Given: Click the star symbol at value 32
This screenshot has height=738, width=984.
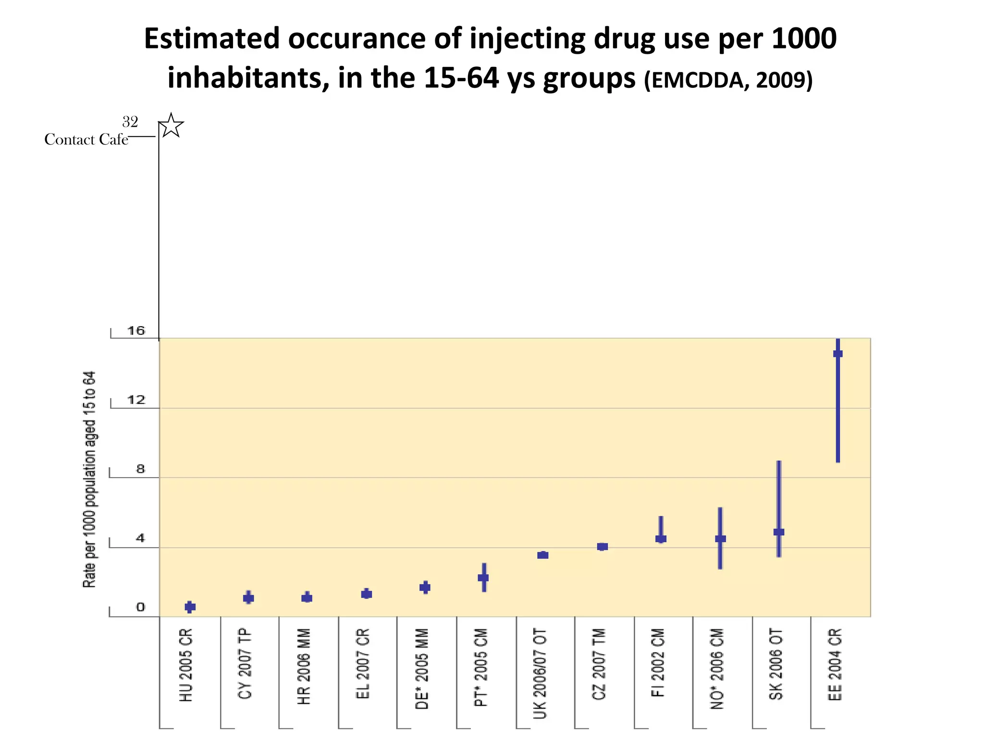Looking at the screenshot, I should coord(171,126).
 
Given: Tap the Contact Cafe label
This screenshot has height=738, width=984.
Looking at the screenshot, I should coord(86,140).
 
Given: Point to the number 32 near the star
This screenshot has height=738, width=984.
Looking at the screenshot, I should coord(130,122).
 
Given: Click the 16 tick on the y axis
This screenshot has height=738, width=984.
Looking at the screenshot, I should coord(136,331).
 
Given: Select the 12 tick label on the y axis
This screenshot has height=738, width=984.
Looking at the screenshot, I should coord(136,400).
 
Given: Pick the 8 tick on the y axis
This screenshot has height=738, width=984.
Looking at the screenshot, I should coord(140,469).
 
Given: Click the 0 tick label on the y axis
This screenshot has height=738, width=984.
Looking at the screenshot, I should coord(140,607).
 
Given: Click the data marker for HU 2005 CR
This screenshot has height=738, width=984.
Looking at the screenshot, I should coord(190,607).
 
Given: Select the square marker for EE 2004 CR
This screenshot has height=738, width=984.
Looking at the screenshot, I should coord(837,354).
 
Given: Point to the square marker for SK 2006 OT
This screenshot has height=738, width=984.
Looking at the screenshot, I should coord(779,532).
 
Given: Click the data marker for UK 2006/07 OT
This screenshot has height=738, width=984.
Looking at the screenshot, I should coord(543,555).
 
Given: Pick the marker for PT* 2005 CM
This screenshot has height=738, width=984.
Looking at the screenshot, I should coord(483,578).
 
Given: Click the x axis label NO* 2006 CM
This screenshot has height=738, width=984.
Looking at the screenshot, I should coord(717,668).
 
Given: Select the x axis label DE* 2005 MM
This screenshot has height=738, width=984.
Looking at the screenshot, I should coord(422,668).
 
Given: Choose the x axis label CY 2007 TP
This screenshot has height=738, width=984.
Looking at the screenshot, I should coord(245,664).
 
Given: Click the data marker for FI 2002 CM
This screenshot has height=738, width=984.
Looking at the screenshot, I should coord(661,539).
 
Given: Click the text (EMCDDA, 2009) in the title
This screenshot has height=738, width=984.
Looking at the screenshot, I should coord(728,80).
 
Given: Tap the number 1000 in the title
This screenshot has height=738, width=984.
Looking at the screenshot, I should coord(804,38).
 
